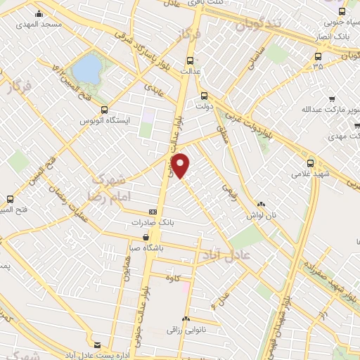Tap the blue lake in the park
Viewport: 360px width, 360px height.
click(x=87, y=69)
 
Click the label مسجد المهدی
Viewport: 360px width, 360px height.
click(x=42, y=24)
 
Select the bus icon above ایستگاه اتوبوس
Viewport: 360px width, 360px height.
click(x=104, y=110)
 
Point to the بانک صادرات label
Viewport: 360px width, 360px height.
click(x=150, y=223)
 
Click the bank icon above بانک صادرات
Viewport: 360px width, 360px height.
click(x=153, y=212)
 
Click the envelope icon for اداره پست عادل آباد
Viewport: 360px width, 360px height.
click(x=97, y=345)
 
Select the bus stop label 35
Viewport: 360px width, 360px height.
click(x=318, y=67)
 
